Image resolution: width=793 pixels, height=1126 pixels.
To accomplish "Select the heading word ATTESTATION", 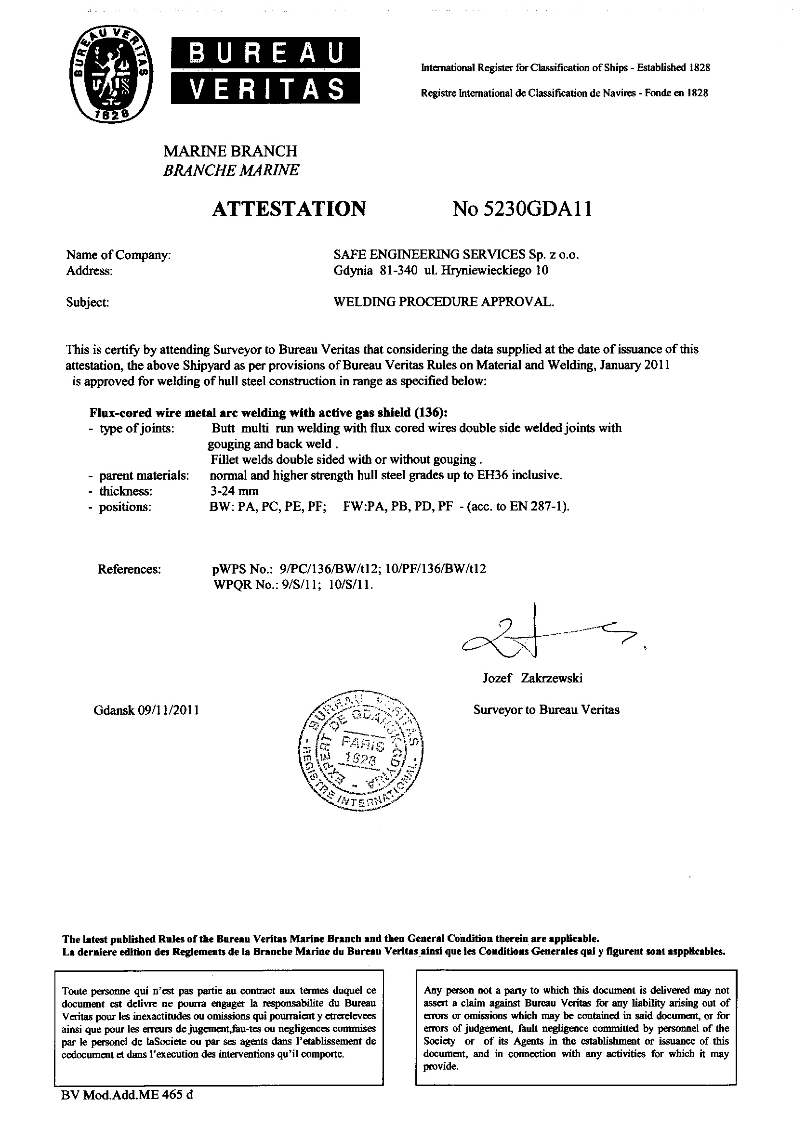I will (289, 209).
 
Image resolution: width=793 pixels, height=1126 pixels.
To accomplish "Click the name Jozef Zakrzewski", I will (532, 678).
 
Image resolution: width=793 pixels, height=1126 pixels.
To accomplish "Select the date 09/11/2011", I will (169, 710).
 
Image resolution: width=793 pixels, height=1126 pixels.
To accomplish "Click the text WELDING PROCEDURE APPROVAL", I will (443, 302).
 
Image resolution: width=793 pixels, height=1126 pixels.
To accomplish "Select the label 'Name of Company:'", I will (118, 255).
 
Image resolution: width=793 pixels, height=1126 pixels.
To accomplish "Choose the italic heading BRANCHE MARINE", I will (231, 170).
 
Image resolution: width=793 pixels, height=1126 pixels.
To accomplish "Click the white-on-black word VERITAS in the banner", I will (265, 90).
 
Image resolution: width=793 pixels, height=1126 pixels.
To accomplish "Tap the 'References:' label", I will (130, 569).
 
